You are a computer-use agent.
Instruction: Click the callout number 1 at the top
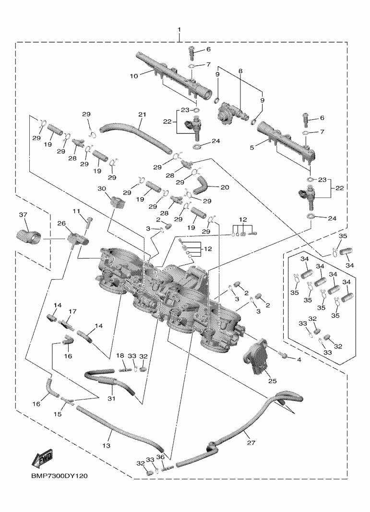point(179,30)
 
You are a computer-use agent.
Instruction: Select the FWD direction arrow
point(42,458)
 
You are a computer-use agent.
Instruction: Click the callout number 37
point(23,214)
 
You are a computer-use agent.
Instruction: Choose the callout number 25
point(272,381)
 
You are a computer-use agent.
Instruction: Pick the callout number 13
point(106,446)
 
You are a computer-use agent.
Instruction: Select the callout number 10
point(133,75)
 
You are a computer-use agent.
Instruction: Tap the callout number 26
point(61,223)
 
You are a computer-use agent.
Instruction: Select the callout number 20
point(225,187)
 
